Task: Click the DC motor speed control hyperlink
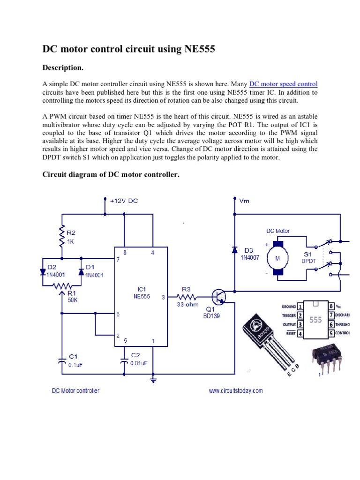tap(283, 84)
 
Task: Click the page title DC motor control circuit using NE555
tap(129, 49)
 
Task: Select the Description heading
tap(63, 68)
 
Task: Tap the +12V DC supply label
tap(124, 201)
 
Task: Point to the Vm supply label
tap(244, 201)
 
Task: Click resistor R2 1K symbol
tap(61, 236)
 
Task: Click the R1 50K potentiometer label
tap(72, 297)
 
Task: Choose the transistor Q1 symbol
tap(218, 297)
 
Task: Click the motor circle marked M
tap(277, 259)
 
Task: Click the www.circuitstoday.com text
tap(236, 390)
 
